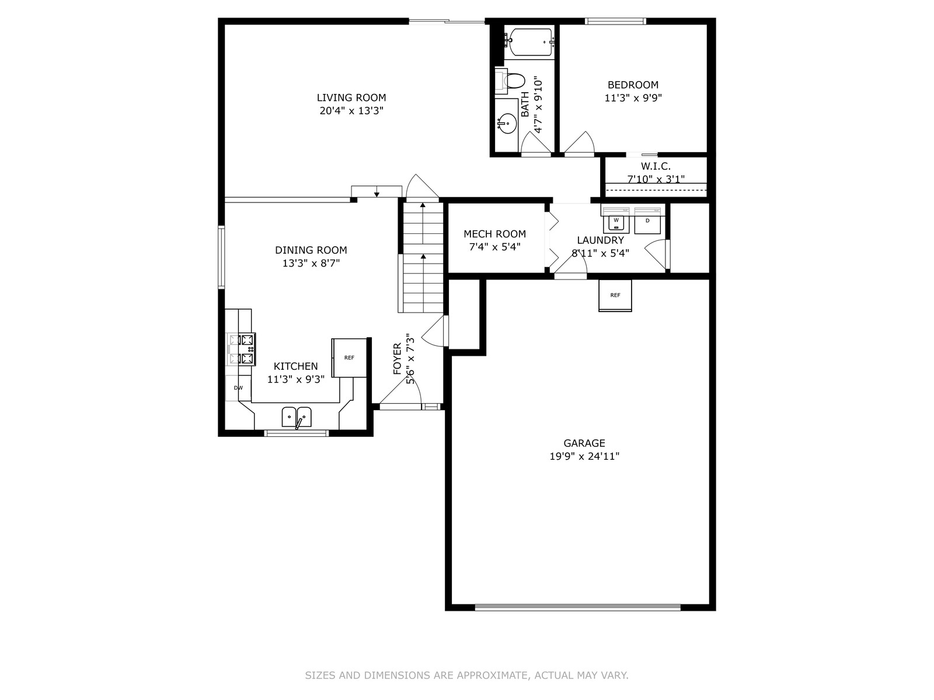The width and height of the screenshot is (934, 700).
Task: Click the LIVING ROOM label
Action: pyautogui.click(x=351, y=97)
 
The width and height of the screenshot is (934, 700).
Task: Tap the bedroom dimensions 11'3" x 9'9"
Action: pyautogui.click(x=633, y=98)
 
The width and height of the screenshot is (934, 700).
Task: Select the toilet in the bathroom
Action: pyautogui.click(x=511, y=80)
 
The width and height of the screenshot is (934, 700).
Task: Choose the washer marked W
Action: pyautogui.click(x=616, y=220)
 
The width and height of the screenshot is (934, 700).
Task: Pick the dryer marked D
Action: pyautogui.click(x=647, y=220)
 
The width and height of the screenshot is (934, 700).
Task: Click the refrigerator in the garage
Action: pyautogui.click(x=615, y=295)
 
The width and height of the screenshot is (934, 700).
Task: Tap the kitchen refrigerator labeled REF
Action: pyautogui.click(x=349, y=358)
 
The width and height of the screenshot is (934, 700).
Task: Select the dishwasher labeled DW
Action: pyautogui.click(x=238, y=387)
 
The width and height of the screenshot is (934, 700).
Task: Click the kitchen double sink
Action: pyautogui.click(x=297, y=417)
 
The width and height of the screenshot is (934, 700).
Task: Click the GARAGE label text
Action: pyautogui.click(x=584, y=443)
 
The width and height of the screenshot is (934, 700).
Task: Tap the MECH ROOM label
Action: pyautogui.click(x=494, y=234)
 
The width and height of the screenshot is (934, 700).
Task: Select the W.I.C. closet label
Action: pyautogui.click(x=656, y=166)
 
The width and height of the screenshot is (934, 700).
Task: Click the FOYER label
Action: pyautogui.click(x=397, y=359)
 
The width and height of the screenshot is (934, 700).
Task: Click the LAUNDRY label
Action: pyautogui.click(x=601, y=240)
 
